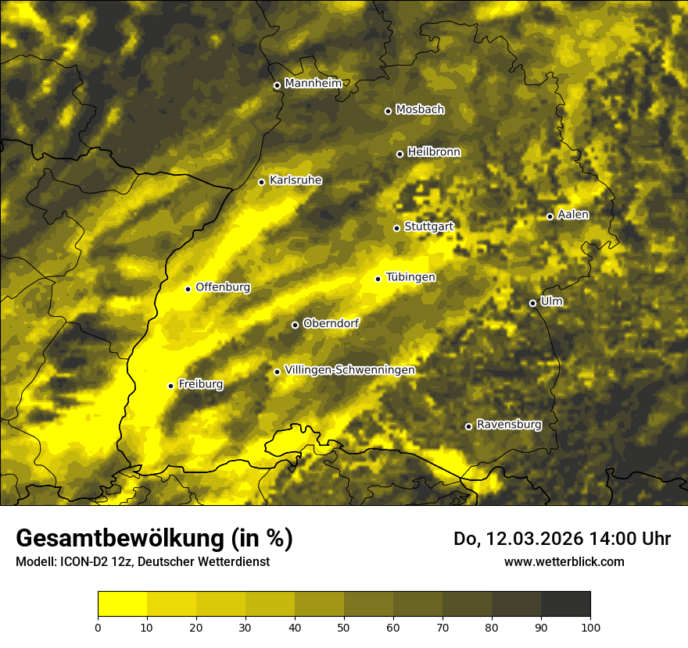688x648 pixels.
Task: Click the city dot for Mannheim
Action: [277, 86]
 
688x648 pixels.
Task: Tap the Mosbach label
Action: [420, 110]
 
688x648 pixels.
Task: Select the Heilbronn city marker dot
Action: [400, 154]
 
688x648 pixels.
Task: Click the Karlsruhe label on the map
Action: [296, 180]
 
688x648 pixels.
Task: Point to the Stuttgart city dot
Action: [396, 228]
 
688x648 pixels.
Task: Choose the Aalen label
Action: [573, 215]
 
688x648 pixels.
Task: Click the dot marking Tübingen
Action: [378, 279]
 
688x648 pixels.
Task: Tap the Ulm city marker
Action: [532, 303]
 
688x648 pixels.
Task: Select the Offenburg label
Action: [223, 287]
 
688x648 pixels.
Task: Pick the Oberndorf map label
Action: [331, 323]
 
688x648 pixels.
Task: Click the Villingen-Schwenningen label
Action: [349, 370]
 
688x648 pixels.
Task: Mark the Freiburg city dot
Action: [170, 386]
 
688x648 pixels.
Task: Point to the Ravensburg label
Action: [509, 425]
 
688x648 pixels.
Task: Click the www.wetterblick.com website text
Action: [564, 562]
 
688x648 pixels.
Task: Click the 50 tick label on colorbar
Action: [344, 627]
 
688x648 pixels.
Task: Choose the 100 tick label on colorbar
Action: [590, 627]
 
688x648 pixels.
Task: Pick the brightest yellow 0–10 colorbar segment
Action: [122, 604]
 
